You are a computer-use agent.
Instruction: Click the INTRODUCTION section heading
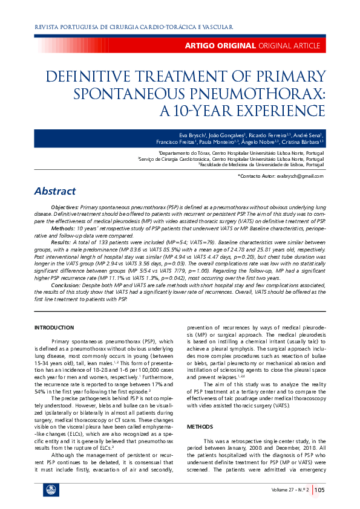[x=54, y=327]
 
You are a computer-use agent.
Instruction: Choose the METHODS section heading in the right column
[x=200, y=409]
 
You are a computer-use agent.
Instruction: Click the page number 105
[x=320, y=489]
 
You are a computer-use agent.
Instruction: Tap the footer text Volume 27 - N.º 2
[x=290, y=489]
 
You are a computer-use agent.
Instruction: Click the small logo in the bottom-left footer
[x=47, y=490]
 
